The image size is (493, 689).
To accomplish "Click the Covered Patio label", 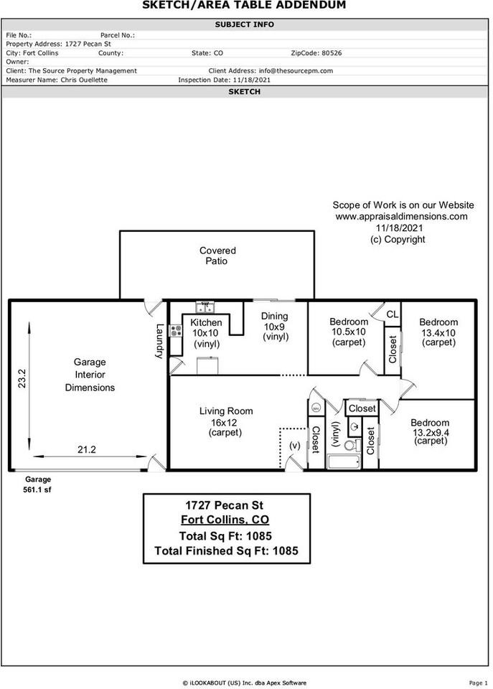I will [217, 256].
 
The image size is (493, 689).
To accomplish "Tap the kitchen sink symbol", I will [205, 308].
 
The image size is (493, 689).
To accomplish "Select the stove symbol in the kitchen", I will [175, 332].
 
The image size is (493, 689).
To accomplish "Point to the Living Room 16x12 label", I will [225, 422].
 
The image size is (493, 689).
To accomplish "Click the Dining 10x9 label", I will [274, 327].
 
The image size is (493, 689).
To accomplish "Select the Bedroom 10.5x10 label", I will [349, 332].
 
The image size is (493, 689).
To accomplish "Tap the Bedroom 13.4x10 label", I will [438, 332].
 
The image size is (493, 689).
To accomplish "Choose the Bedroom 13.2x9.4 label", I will [430, 432].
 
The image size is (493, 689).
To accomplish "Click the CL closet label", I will [392, 314].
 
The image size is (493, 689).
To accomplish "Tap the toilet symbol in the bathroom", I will [351, 444].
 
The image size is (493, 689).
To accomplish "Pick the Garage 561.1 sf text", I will [38, 484].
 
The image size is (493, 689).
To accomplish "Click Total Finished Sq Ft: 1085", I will [226, 551].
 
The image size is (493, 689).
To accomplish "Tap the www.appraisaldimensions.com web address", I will [401, 216].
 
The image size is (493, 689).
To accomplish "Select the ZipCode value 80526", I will [332, 53].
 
